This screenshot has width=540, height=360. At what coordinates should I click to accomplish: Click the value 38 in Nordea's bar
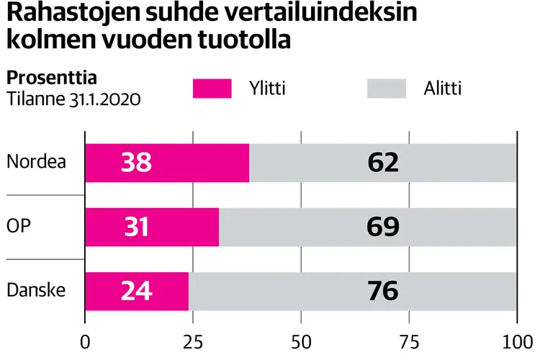tap(136, 163)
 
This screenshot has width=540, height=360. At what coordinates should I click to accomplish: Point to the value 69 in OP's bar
tap(383, 227)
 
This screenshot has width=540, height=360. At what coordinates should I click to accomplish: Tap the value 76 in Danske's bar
tap(383, 291)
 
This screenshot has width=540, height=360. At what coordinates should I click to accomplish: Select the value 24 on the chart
tap(136, 291)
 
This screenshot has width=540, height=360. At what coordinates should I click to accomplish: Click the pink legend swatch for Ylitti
tap(212, 89)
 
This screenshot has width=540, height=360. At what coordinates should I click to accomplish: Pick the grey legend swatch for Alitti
tap(387, 89)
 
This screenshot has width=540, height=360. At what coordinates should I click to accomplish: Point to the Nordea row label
tap(36, 162)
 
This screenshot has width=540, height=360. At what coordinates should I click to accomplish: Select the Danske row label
tap(36, 291)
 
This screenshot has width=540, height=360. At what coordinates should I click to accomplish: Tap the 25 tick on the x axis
tap(193, 341)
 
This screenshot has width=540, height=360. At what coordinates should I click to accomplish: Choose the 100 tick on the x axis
tap(516, 341)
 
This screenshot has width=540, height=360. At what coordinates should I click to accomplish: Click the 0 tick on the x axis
tap(86, 341)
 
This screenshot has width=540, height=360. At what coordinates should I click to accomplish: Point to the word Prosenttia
tap(51, 77)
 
